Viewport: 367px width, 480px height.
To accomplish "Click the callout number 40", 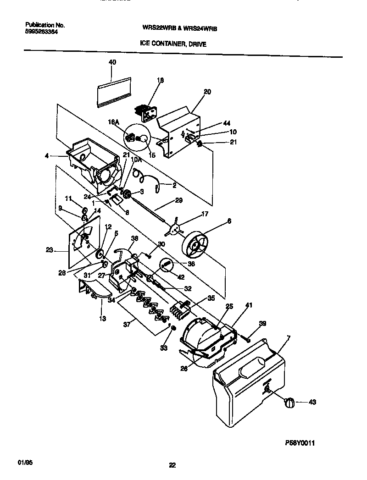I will [x=112, y=62].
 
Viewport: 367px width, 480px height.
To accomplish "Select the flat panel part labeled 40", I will [x=114, y=92].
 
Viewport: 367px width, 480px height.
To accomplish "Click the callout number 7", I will [x=288, y=338].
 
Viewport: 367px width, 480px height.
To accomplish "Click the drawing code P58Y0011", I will [x=298, y=443].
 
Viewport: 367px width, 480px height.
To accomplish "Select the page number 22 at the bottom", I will [x=172, y=465].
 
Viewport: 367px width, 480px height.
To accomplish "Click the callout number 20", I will [x=207, y=92].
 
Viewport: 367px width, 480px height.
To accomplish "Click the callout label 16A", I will [x=113, y=122].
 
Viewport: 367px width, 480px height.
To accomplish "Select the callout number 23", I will [x=50, y=250].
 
